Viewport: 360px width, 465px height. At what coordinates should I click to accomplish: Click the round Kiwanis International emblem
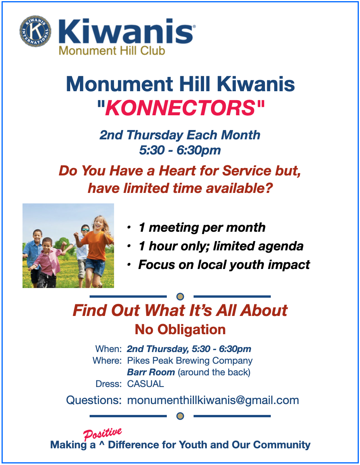[x=35, y=31]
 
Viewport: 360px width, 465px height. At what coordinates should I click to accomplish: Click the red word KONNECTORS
[x=180, y=108]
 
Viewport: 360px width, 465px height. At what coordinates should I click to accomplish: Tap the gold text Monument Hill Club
[x=112, y=51]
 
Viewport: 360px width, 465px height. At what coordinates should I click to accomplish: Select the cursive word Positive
[x=102, y=434]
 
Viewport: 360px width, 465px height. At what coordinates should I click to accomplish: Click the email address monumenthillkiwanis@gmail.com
[x=213, y=400]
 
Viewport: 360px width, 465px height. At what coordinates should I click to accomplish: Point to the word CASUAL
[x=145, y=384]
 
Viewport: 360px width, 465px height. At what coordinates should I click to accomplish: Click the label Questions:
[x=94, y=400]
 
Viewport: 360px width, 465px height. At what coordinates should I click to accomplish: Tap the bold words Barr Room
[x=151, y=372]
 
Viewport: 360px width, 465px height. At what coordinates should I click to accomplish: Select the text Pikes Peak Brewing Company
[x=190, y=361]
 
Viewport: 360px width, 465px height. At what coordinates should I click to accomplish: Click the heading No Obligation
[x=180, y=330]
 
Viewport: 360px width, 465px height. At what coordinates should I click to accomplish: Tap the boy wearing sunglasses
[x=82, y=255]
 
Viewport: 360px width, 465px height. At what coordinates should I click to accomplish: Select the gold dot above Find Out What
[x=180, y=297]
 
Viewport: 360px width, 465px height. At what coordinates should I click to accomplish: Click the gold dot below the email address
[x=180, y=416]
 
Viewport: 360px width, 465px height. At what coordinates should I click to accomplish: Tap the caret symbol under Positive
[x=102, y=444]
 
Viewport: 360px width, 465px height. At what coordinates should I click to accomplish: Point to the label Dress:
[x=109, y=384]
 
